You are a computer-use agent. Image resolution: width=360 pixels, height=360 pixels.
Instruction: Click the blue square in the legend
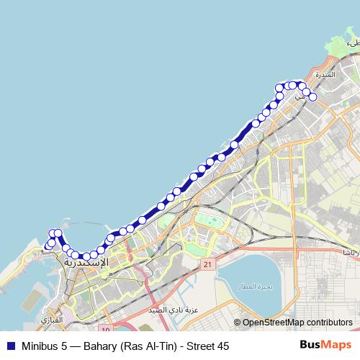point(10,346)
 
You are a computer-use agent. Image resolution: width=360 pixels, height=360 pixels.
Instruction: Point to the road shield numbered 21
point(207,265)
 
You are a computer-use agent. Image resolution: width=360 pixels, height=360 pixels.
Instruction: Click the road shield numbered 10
point(105,329)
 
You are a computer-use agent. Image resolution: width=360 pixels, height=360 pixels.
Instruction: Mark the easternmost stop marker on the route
point(312,96)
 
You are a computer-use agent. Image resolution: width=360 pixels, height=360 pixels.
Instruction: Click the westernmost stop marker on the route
point(48,246)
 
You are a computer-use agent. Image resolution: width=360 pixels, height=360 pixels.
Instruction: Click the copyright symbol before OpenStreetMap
point(238,323)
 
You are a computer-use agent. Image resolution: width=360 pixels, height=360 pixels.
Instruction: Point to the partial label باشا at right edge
point(350,253)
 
